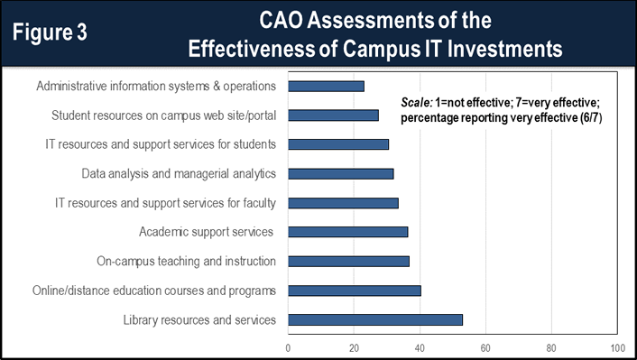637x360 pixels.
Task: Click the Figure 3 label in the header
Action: (56, 32)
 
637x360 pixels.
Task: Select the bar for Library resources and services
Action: (375, 319)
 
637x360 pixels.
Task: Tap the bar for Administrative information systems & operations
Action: (326, 87)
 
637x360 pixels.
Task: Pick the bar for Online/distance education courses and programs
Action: (355, 291)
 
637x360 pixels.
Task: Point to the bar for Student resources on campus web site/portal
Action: (333, 115)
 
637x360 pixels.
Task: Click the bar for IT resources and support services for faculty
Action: (343, 203)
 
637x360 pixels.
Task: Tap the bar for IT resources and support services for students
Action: (338, 144)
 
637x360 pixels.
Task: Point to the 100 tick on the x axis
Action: (617, 346)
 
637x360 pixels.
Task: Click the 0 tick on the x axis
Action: (289, 346)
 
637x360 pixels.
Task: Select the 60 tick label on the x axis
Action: (486, 346)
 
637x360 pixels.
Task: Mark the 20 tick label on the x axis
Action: (355, 346)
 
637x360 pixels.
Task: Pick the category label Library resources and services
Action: (198, 319)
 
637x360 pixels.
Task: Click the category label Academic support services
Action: (206, 232)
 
